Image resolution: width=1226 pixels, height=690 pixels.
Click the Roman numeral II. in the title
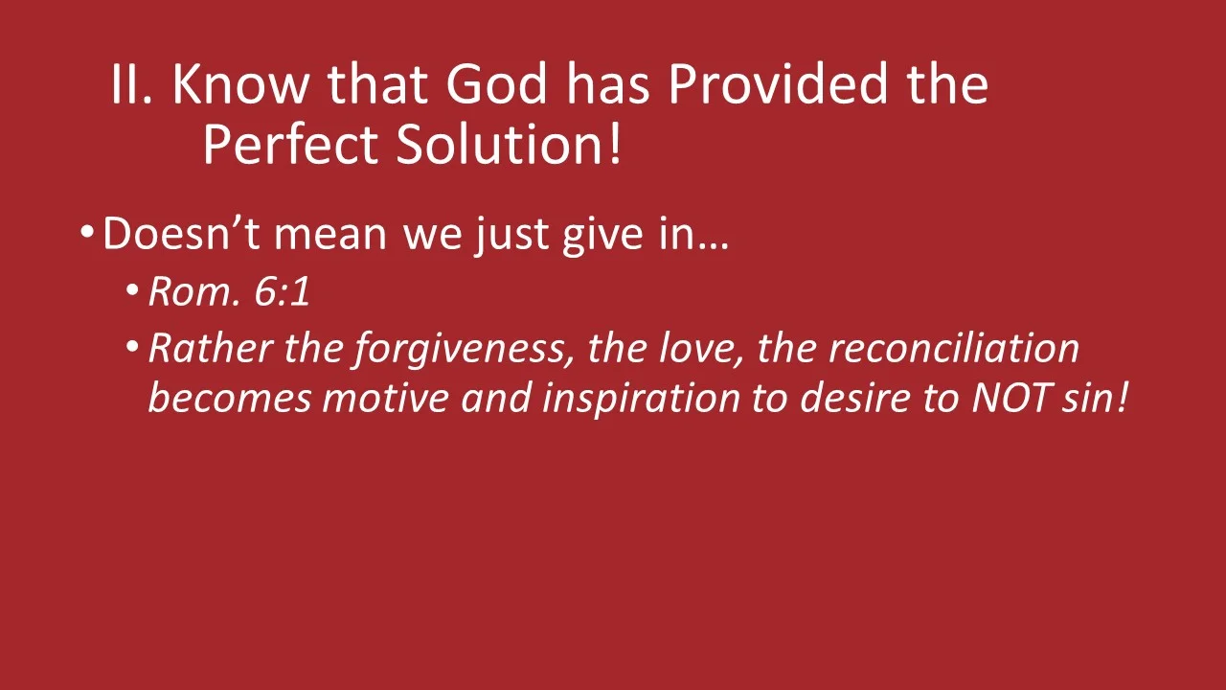[x=131, y=84]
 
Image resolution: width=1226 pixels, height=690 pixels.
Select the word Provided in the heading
[x=780, y=84]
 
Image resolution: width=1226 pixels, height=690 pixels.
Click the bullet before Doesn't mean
[x=87, y=233]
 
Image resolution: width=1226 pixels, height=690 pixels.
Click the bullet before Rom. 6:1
[x=132, y=290]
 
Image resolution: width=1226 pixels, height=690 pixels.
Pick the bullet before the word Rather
[x=132, y=346]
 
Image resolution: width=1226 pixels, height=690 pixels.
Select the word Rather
[x=211, y=349]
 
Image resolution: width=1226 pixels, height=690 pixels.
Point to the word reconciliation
[x=953, y=349]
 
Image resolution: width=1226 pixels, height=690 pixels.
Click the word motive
[x=385, y=397]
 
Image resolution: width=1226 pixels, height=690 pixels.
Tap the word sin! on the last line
[x=1095, y=397]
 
